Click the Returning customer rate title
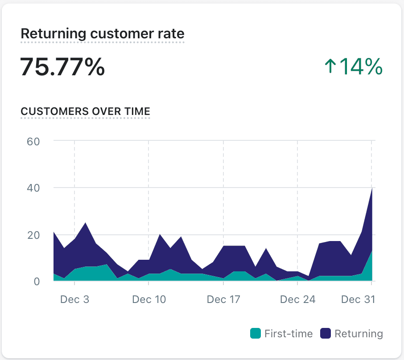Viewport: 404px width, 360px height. pyautogui.click(x=102, y=33)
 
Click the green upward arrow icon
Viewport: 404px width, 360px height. pyautogui.click(x=330, y=67)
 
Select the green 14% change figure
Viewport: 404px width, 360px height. pyautogui.click(x=361, y=67)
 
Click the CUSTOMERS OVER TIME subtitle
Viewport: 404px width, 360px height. pyautogui.click(x=85, y=111)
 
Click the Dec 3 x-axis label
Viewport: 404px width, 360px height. pyautogui.click(x=74, y=299)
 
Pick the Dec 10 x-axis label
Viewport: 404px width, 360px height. pyautogui.click(x=149, y=299)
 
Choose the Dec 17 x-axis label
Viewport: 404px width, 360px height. pyautogui.click(x=223, y=299)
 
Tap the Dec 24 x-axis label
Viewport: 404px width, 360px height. pyautogui.click(x=297, y=299)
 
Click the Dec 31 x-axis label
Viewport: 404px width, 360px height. pyautogui.click(x=358, y=299)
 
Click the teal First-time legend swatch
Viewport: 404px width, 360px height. pyautogui.click(x=255, y=333)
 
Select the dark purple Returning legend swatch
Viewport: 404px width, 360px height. pyautogui.click(x=326, y=333)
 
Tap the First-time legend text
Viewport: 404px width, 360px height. pyautogui.click(x=289, y=333)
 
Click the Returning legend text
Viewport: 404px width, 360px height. pyautogui.click(x=359, y=333)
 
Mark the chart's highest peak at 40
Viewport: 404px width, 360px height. pyautogui.click(x=371, y=188)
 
